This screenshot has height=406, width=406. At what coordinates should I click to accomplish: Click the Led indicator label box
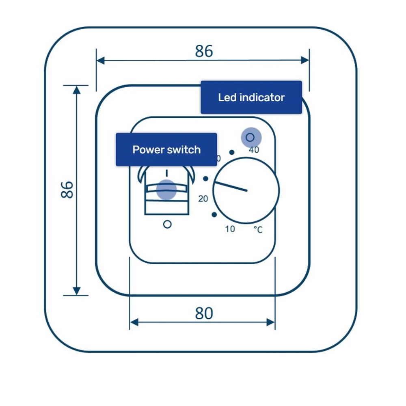pos(251,97)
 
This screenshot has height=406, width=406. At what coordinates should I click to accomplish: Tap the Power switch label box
pos(166,149)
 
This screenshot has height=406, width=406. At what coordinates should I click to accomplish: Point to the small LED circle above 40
pos(250,138)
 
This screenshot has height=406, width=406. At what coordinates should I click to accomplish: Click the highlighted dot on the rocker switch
pos(166,189)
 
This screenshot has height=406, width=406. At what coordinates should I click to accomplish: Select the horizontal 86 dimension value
pos(204,52)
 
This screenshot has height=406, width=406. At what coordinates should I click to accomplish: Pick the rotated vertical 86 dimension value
pos(67,190)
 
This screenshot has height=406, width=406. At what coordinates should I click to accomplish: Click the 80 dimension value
pos(204,313)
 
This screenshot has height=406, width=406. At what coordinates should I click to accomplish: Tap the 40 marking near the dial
pos(254,150)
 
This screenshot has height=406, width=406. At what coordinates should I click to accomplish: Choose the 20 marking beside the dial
pos(203,199)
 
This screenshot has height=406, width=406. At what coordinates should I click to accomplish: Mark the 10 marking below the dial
pos(230,229)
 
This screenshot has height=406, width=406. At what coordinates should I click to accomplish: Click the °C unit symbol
pos(258,230)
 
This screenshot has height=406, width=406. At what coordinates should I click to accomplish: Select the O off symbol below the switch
pos(167,224)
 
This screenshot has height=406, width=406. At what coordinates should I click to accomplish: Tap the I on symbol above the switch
pos(166,173)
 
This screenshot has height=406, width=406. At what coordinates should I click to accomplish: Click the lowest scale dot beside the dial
pos(214,215)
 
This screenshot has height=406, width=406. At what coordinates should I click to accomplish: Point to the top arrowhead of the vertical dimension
pos(76,90)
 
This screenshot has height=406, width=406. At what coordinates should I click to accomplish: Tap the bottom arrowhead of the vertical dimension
pos(76,291)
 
